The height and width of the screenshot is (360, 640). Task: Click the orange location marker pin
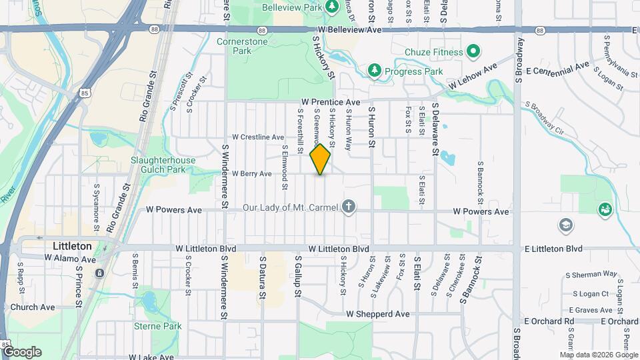click(x=321, y=159)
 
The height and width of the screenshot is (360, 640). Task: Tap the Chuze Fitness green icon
click(x=473, y=51)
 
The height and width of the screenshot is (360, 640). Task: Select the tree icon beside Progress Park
click(x=375, y=70)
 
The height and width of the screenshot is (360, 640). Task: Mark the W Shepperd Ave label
click(x=377, y=313)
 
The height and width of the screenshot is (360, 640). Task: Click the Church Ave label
click(x=37, y=307)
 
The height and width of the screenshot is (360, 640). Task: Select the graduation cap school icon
click(x=565, y=224)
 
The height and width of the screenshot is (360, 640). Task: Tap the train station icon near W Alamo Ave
click(x=99, y=273)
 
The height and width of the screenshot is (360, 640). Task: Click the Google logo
click(x=21, y=352)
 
